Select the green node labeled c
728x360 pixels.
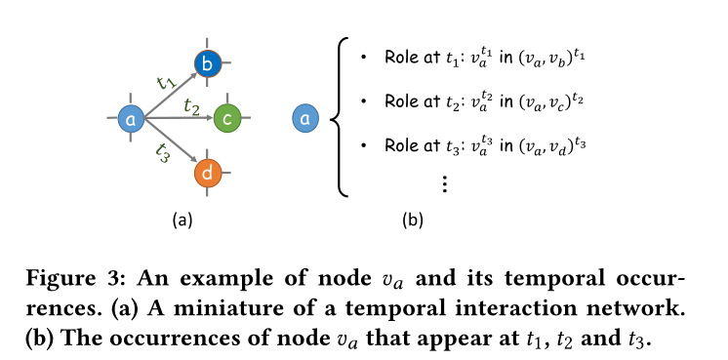tap(227, 118)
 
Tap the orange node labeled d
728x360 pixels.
tap(209, 173)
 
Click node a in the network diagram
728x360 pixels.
tap(131, 119)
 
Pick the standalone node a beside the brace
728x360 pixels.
tap(306, 119)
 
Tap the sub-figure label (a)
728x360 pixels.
tap(182, 220)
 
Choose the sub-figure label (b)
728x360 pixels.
tap(412, 220)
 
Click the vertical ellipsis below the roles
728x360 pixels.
tap(444, 183)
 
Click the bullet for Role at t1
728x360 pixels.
tap(363, 59)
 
